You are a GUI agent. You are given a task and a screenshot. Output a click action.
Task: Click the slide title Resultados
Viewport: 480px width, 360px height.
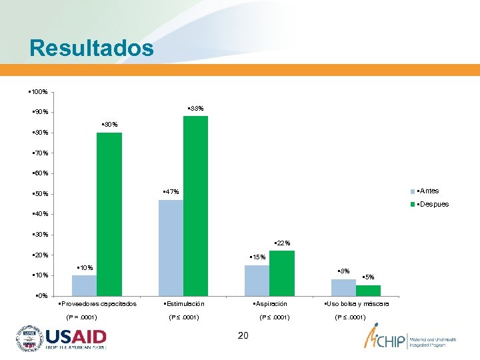pyautogui.click(x=91, y=48)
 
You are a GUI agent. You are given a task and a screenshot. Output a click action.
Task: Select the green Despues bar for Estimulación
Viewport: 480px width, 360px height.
pyautogui.click(x=195, y=205)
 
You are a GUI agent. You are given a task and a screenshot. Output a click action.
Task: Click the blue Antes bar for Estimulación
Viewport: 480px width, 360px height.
pyautogui.click(x=171, y=247)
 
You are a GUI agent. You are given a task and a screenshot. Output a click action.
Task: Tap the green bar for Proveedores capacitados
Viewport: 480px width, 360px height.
pyautogui.click(x=109, y=213)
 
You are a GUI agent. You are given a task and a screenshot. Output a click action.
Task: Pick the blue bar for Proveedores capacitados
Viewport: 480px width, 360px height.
pyautogui.click(x=84, y=285)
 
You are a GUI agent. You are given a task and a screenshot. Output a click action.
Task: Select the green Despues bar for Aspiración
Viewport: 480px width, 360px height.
pyautogui.click(x=282, y=273)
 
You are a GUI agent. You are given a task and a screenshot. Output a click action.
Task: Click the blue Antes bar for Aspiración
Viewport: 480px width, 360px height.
pyautogui.click(x=257, y=280)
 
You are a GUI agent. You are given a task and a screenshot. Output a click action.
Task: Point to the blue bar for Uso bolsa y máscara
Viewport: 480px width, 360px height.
pyautogui.click(x=343, y=287)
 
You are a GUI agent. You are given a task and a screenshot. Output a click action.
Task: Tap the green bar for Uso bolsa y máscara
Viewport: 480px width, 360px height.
pyautogui.click(x=368, y=290)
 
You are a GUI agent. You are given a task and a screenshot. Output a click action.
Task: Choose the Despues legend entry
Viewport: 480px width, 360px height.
pyautogui.click(x=429, y=204)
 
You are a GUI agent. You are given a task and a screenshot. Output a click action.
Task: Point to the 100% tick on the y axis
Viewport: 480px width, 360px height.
pyautogui.click(x=39, y=91)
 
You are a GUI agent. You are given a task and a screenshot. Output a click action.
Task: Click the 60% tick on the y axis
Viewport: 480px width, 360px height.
pyautogui.click(x=39, y=173)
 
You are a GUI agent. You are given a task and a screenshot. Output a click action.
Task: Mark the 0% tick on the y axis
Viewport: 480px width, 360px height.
pyautogui.click(x=41, y=295)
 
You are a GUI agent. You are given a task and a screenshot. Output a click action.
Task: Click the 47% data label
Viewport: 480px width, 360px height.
pyautogui.click(x=171, y=192)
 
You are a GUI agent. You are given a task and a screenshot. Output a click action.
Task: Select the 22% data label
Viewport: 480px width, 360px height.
pyautogui.click(x=282, y=243)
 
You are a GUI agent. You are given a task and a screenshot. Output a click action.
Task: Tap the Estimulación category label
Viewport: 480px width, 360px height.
pyautogui.click(x=183, y=304)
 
